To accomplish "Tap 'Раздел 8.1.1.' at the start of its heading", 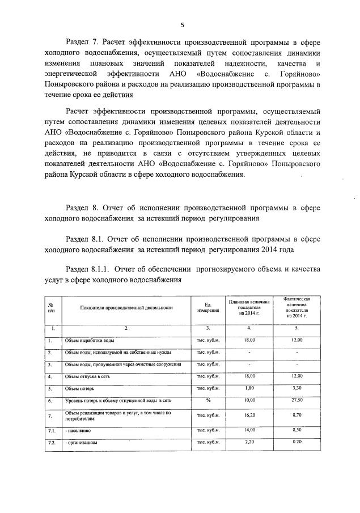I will point(90,269).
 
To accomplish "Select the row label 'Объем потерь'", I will point(79,388).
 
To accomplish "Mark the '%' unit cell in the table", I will point(208,401).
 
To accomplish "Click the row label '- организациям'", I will point(82,442).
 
